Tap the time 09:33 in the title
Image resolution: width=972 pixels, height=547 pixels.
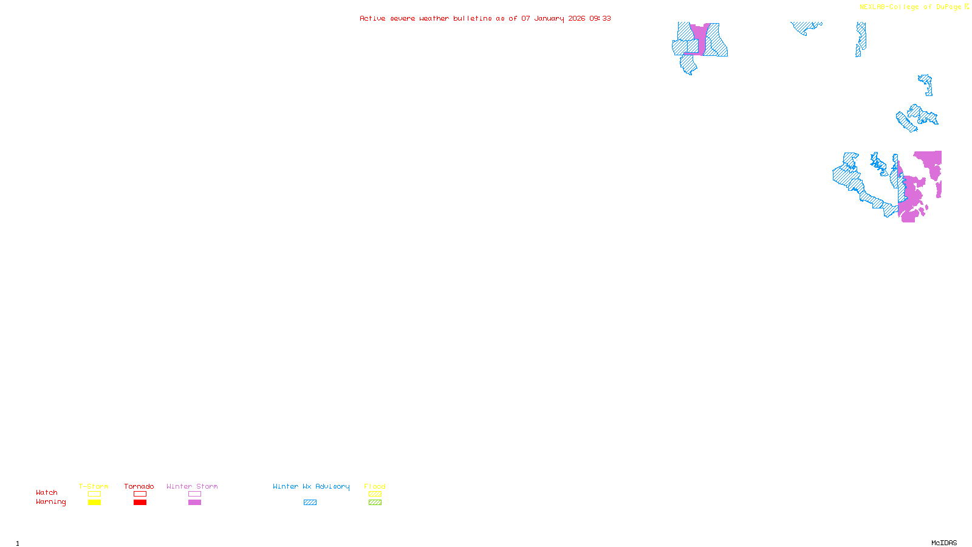[600, 19]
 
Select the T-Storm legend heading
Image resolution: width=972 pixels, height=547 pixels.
[94, 486]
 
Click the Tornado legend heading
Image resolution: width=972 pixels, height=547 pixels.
[139, 486]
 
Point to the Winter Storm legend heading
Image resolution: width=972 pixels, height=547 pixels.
[192, 486]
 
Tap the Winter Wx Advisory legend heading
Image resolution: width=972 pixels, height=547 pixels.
[311, 486]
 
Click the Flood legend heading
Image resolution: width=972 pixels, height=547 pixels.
[375, 486]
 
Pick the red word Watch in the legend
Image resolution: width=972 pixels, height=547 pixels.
[47, 493]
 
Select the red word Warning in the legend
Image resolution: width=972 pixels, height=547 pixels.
[51, 502]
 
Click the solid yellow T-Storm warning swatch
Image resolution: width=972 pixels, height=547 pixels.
[94, 503]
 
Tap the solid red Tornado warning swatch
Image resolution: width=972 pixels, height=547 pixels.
[140, 503]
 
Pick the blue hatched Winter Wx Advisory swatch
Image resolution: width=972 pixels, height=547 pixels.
[310, 503]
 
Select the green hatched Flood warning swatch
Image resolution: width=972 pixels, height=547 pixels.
[375, 503]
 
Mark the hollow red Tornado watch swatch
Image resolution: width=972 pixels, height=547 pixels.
[140, 494]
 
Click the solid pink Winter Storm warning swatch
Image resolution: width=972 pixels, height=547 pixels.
[194, 503]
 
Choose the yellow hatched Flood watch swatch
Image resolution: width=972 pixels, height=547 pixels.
[375, 494]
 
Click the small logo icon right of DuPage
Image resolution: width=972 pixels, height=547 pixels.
[967, 7]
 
